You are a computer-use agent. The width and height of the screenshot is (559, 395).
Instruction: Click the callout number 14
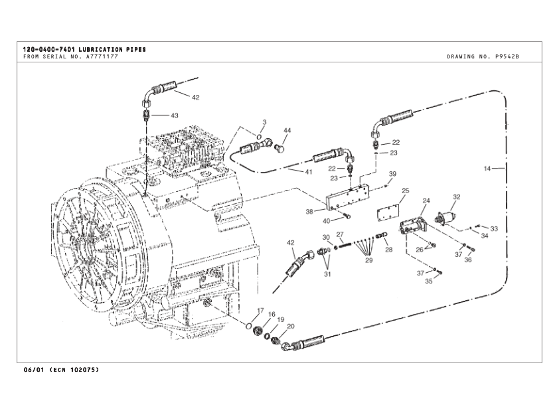pyautogui.click(x=487, y=169)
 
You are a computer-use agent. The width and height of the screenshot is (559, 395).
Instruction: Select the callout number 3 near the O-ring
pyautogui.click(x=264, y=122)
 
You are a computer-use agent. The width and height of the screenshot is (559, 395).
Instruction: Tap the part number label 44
pyautogui.click(x=287, y=130)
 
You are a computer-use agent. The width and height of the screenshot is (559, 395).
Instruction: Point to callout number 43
pyautogui.click(x=175, y=116)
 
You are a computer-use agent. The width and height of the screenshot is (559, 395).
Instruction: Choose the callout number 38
pyautogui.click(x=309, y=212)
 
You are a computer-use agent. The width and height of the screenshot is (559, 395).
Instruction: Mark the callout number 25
pyautogui.click(x=405, y=191)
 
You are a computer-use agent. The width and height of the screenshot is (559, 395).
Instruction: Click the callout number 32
pyautogui.click(x=457, y=197)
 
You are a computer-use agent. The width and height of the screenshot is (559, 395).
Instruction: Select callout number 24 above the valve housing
pyautogui.click(x=426, y=200)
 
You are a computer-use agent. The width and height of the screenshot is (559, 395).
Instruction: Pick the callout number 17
pyautogui.click(x=260, y=310)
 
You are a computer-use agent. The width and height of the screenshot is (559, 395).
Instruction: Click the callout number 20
pyautogui.click(x=290, y=326)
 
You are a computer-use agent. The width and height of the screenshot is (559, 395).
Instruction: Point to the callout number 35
pyautogui.click(x=429, y=281)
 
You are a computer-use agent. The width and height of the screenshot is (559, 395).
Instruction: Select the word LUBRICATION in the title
pyautogui.click(x=100, y=49)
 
